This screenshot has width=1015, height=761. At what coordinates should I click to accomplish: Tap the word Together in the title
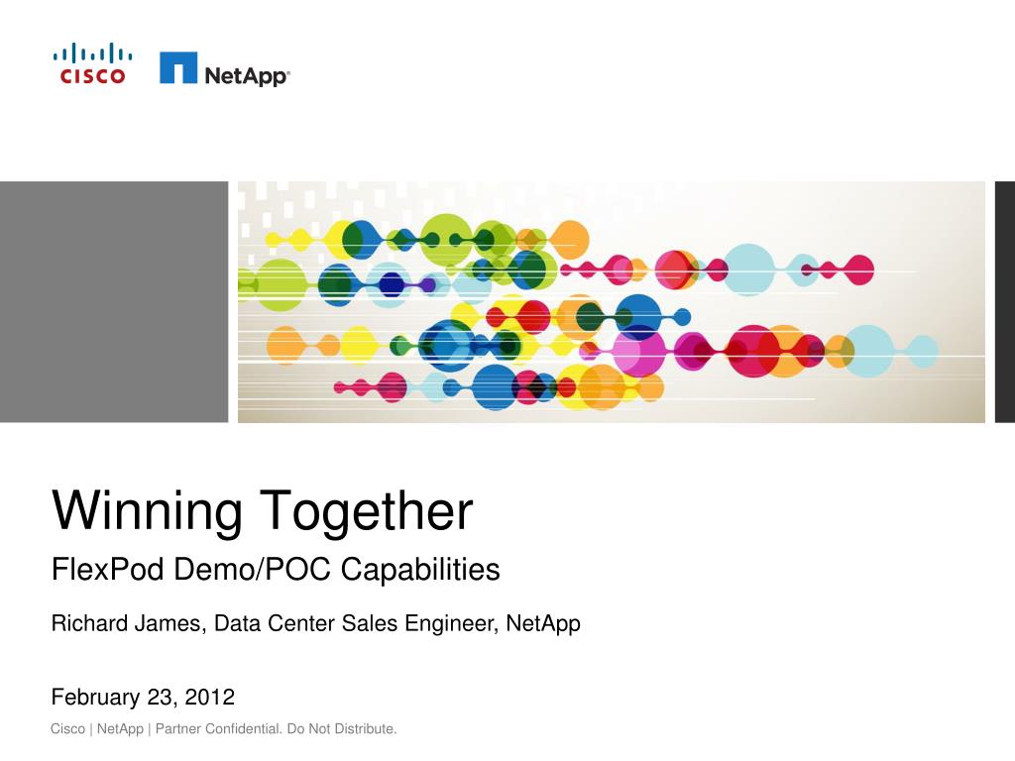pyautogui.click(x=368, y=512)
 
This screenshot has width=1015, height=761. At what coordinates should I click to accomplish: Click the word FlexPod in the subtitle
pyautogui.click(x=108, y=570)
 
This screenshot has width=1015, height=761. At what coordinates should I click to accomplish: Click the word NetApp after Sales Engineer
pyautogui.click(x=543, y=624)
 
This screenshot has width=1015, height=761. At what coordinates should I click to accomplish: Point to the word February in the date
pyautogui.click(x=93, y=698)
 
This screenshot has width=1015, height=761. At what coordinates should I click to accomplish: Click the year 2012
pyautogui.click(x=210, y=698)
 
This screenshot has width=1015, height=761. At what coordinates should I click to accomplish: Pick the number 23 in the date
pyautogui.click(x=160, y=698)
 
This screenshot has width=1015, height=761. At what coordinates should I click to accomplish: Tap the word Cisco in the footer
pyautogui.click(x=67, y=730)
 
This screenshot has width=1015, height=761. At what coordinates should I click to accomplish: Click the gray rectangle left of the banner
pyautogui.click(x=114, y=302)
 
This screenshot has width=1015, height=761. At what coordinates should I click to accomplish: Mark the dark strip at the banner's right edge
pyautogui.click(x=1004, y=302)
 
